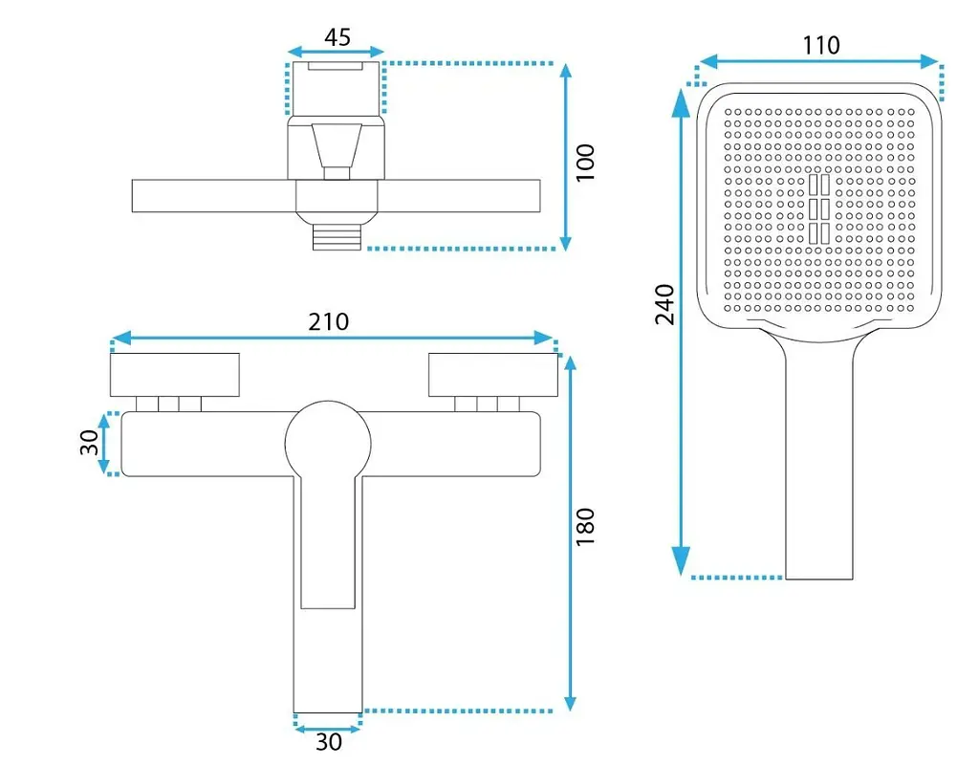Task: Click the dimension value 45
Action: point(337,37)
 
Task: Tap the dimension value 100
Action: point(586,163)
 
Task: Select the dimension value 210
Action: point(329,322)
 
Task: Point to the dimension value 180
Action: point(586,527)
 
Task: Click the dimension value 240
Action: point(665,304)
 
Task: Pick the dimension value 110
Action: point(820,46)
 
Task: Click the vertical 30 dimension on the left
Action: point(90,443)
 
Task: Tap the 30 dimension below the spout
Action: point(329,742)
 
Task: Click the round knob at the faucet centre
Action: point(328,443)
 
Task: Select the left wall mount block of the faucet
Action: point(175,375)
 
